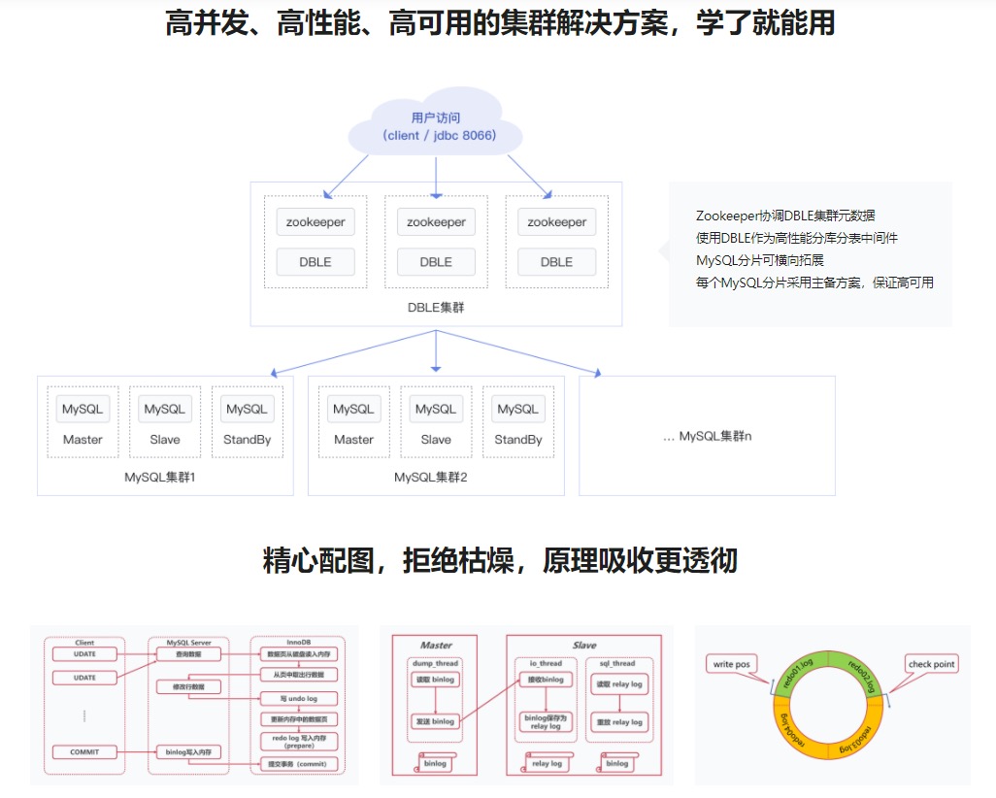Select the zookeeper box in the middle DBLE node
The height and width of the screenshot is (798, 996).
click(x=436, y=222)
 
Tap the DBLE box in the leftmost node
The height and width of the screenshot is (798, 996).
click(x=315, y=262)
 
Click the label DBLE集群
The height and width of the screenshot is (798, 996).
click(x=436, y=307)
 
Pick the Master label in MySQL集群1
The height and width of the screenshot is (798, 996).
click(x=83, y=440)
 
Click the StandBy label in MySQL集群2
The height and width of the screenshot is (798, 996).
click(x=518, y=440)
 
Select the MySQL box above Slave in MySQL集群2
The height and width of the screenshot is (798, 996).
click(x=436, y=409)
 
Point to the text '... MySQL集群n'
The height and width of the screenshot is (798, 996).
click(x=707, y=437)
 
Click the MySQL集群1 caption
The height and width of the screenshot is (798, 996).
click(x=160, y=478)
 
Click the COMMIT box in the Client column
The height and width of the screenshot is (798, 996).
click(x=84, y=752)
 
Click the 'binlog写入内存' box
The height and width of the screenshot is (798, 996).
click(x=188, y=752)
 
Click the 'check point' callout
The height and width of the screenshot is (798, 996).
click(x=931, y=664)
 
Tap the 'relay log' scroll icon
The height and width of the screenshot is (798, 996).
click(x=547, y=763)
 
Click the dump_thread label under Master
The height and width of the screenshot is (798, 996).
click(x=435, y=664)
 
